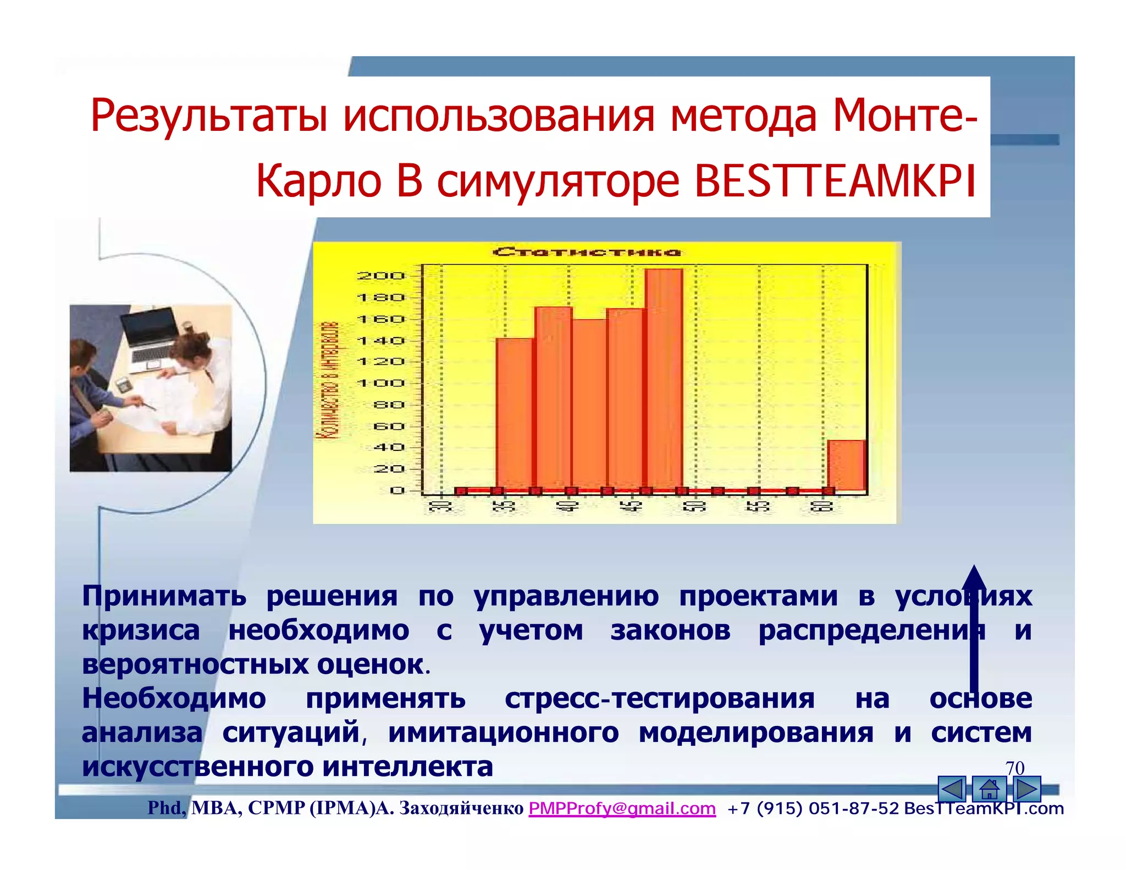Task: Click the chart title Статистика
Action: pyautogui.click(x=587, y=252)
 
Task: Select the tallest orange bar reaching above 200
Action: pyautogui.click(x=664, y=379)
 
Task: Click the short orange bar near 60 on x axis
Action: pyautogui.click(x=846, y=465)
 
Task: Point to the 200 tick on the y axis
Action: pyautogui.click(x=380, y=276)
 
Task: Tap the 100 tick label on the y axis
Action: pyautogui.click(x=380, y=383)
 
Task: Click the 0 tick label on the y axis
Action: pyautogui.click(x=397, y=491)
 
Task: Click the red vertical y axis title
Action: pyautogui.click(x=328, y=380)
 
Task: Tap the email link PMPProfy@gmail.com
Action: pyautogui.click(x=622, y=808)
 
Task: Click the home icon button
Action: pyautogui.click(x=989, y=789)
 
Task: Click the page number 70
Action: pyautogui.click(x=1015, y=768)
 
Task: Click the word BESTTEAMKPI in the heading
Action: pyautogui.click(x=835, y=181)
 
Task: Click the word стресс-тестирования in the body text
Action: pyautogui.click(x=659, y=699)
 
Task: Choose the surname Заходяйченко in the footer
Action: pyautogui.click(x=461, y=808)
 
